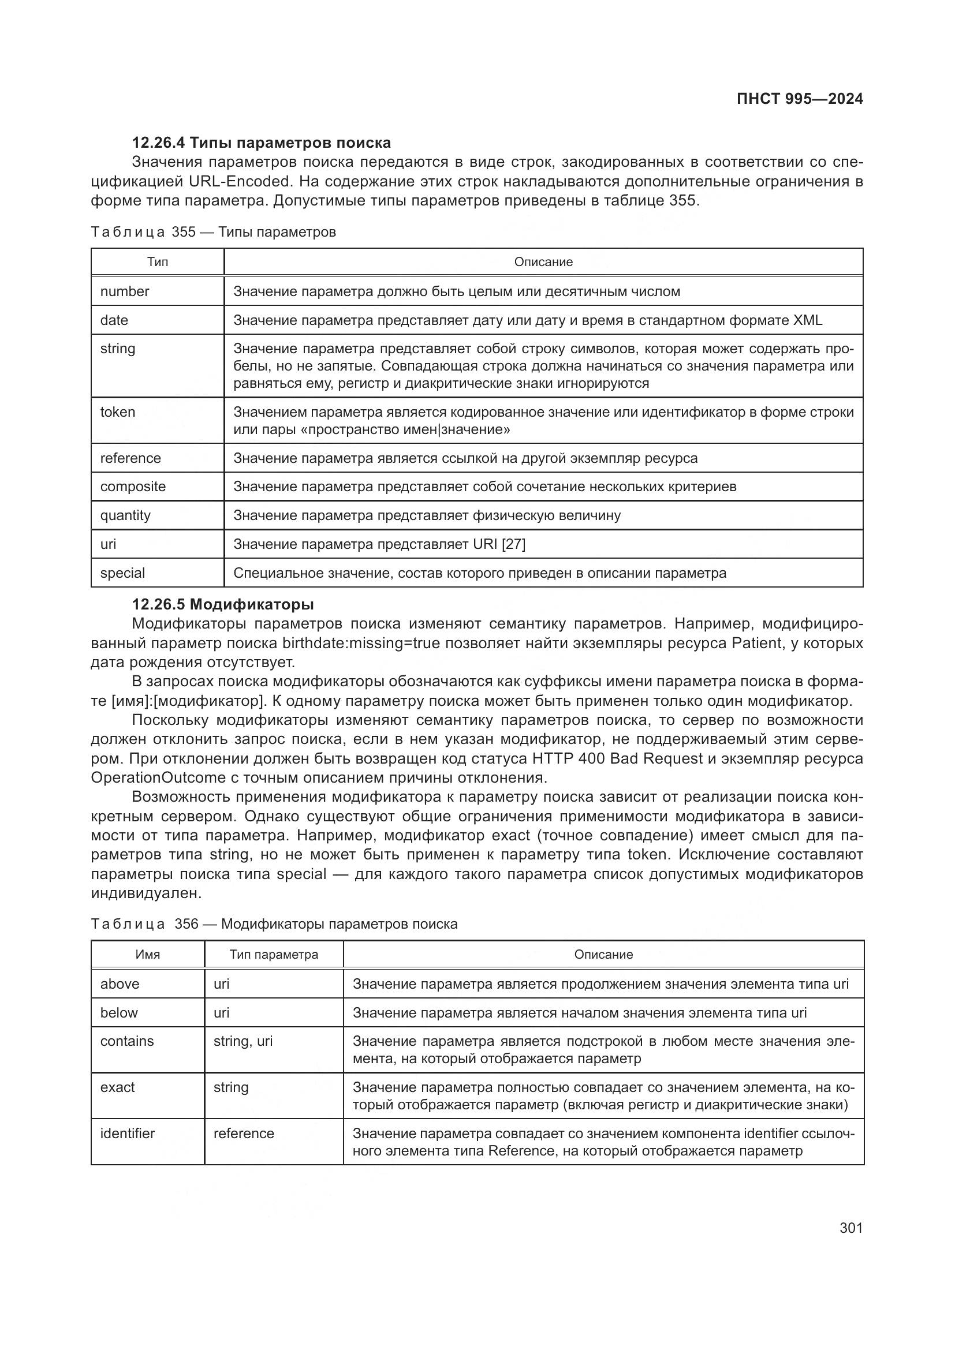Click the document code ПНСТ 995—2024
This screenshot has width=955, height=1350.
[x=799, y=99]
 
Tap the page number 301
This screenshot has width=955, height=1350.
[x=851, y=1228]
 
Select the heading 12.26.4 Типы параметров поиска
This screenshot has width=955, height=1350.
[x=261, y=143]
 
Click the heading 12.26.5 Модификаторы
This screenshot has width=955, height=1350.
[x=222, y=604]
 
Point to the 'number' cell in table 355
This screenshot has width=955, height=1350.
[x=125, y=291]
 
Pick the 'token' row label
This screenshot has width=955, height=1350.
[x=118, y=412]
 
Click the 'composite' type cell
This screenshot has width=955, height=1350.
[x=133, y=487]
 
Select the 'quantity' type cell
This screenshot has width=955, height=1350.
[x=125, y=515]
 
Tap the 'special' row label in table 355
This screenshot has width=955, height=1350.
[x=122, y=573]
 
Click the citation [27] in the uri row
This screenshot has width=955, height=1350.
[x=513, y=544]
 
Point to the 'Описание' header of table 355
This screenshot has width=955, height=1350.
[x=543, y=262]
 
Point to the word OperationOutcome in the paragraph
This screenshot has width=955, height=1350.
[x=158, y=778]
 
